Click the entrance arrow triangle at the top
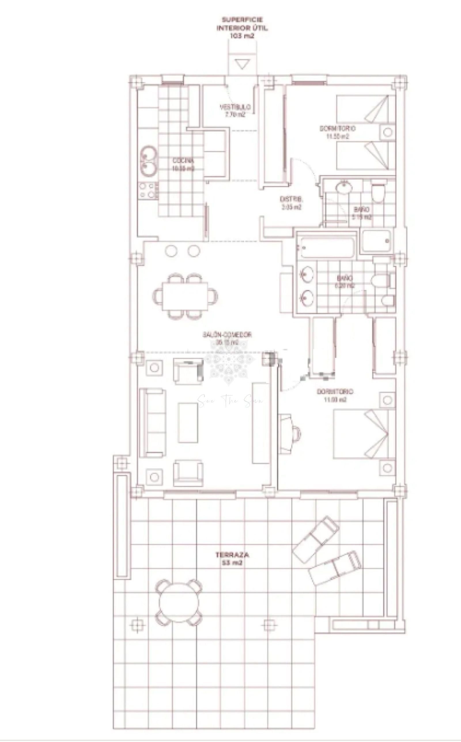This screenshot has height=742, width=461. pyautogui.click(x=243, y=64)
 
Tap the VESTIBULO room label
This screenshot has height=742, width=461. pyautogui.click(x=235, y=107)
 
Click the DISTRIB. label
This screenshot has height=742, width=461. pyautogui.click(x=291, y=199)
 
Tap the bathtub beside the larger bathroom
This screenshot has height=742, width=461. pyautogui.click(x=327, y=247)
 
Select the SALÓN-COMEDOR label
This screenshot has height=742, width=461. pyautogui.click(x=227, y=335)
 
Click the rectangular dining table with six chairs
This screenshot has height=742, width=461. pyautogui.click(x=185, y=296)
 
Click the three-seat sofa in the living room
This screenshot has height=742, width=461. pyautogui.click(x=153, y=422)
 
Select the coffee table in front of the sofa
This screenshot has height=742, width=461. pyautogui.click(x=188, y=422)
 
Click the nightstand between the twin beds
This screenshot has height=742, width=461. pyautogui.click(x=388, y=132)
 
